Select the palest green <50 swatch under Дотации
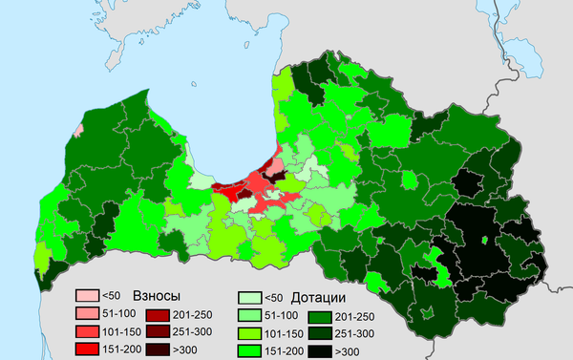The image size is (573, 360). [x=250, y=297]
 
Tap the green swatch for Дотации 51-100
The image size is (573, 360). [x=250, y=314]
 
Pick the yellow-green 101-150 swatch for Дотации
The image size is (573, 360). [x=250, y=332]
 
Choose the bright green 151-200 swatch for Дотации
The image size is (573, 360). [x=250, y=349]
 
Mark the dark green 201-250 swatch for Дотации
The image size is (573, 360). [x=320, y=314]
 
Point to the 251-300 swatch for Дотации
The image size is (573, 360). [x=320, y=332]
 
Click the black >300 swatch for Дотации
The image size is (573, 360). [x=320, y=349]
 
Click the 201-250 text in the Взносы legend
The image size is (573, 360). [x=194, y=314]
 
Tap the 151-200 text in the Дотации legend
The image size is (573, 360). [x=285, y=350]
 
